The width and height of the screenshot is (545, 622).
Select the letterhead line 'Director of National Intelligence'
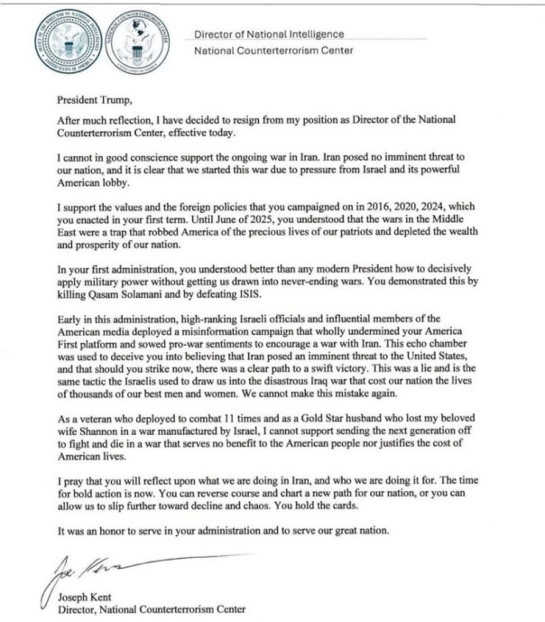(x=269, y=34)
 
